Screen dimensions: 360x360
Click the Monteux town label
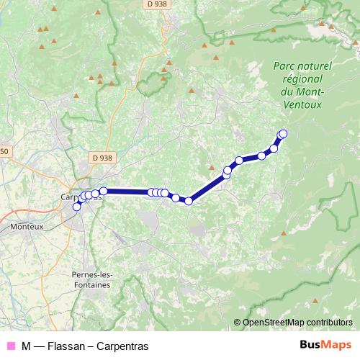pyautogui.click(x=27, y=226)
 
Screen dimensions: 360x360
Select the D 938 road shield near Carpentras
pyautogui.click(x=103, y=158)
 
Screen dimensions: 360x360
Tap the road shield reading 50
pyautogui.click(x=4, y=151)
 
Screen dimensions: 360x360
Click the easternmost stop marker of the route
pyautogui.click(x=283, y=133)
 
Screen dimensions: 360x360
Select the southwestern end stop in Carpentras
pyautogui.click(x=77, y=207)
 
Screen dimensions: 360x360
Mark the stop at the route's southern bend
pyautogui.click(x=189, y=201)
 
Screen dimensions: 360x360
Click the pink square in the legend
pyautogui.click(x=11, y=346)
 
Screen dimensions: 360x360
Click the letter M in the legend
pyautogui.click(x=26, y=346)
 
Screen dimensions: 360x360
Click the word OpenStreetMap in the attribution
pyautogui.click(x=274, y=323)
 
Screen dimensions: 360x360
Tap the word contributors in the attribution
pyautogui.click(x=328, y=323)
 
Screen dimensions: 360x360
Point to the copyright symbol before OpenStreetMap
pyautogui.click(x=238, y=323)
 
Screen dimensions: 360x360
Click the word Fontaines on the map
pyautogui.click(x=91, y=284)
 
